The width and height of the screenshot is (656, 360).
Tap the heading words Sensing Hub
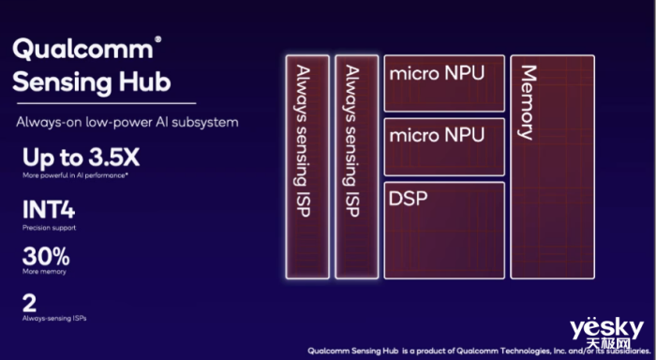click(93, 83)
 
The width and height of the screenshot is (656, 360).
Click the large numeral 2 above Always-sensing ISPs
click(29, 303)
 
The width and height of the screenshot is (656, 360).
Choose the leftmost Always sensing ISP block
click(307, 166)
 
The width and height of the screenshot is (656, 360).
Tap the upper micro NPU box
click(444, 82)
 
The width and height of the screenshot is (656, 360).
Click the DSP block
click(444, 230)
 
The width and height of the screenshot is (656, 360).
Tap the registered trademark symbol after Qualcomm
click(157, 39)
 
